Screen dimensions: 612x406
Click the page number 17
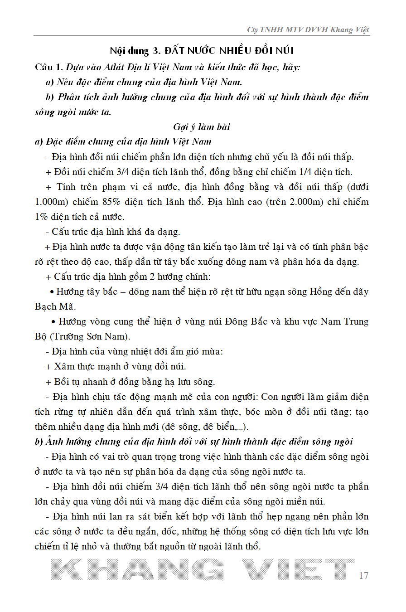point(363,576)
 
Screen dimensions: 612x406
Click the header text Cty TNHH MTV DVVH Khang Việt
point(308,30)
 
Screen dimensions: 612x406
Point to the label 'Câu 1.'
point(49,67)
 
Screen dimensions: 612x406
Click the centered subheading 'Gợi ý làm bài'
point(202,126)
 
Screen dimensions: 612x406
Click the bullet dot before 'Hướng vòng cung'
point(54,321)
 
